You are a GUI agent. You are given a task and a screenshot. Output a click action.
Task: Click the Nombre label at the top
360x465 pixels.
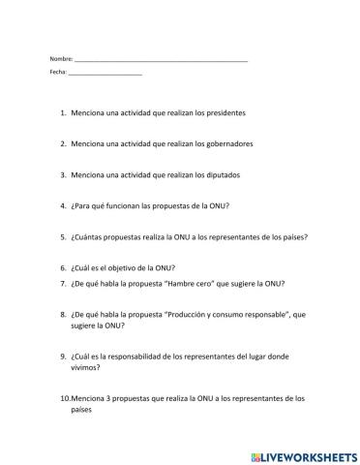coord(60,59)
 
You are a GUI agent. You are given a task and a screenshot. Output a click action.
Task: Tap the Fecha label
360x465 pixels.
coord(57,74)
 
